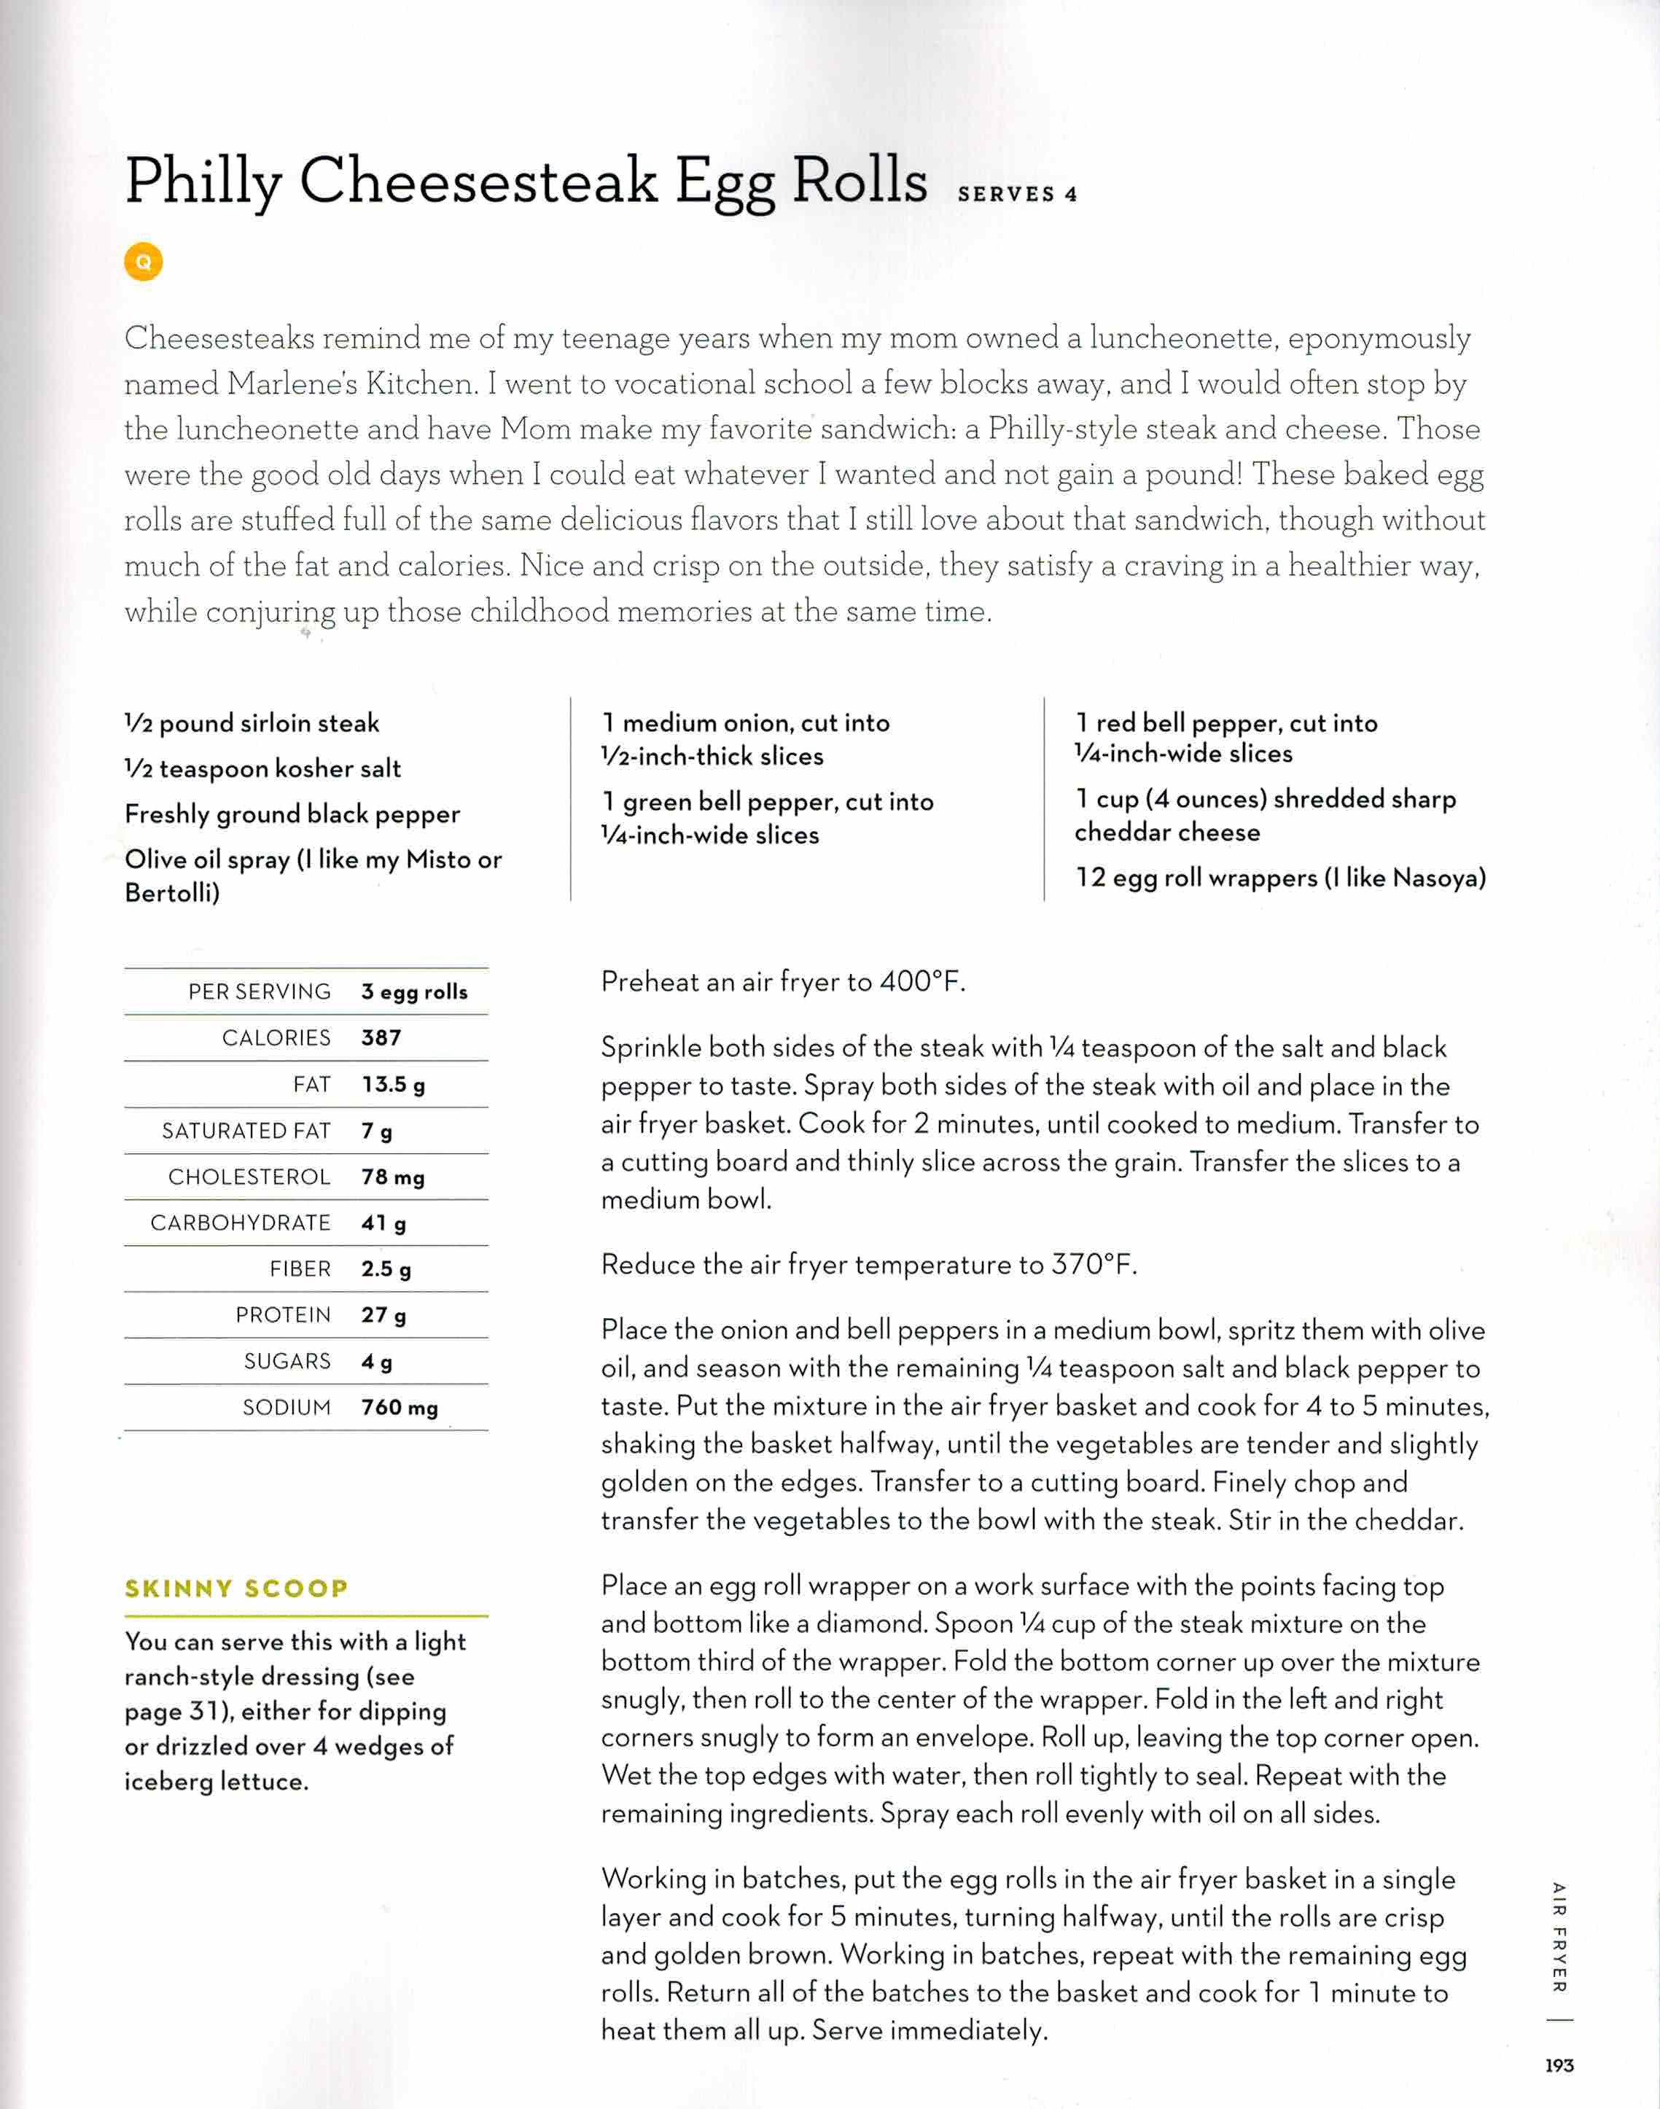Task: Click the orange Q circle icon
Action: (x=143, y=262)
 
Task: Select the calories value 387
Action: (x=381, y=1038)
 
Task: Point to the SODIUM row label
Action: (x=287, y=1407)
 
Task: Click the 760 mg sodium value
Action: (x=400, y=1407)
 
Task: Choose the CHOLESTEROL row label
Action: (x=249, y=1177)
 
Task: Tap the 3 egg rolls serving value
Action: (x=414, y=992)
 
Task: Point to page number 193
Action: (x=1559, y=2065)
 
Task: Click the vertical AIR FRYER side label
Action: (x=1559, y=1937)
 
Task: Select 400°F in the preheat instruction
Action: (x=919, y=982)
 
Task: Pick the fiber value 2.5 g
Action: (x=386, y=1269)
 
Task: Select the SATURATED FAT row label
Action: (x=246, y=1131)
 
